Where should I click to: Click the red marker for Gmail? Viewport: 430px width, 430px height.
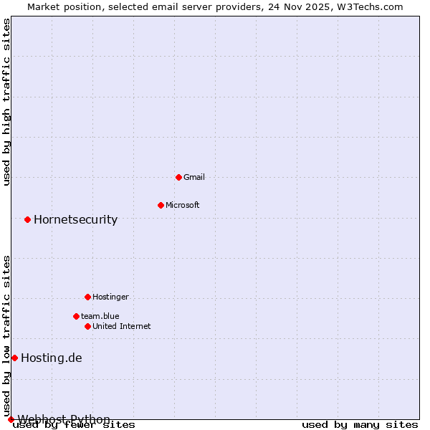pyautogui.click(x=178, y=177)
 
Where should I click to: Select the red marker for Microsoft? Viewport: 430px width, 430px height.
pyautogui.click(x=161, y=205)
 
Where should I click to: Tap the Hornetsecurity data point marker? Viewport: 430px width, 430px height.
pyautogui.click(x=27, y=219)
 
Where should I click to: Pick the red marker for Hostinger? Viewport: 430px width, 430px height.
pyautogui.click(x=87, y=297)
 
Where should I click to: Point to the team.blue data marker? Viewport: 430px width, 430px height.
pyautogui.click(x=76, y=316)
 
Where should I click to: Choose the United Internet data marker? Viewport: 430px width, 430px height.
pyautogui.click(x=87, y=326)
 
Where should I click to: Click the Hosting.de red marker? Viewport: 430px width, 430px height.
pyautogui.click(x=14, y=358)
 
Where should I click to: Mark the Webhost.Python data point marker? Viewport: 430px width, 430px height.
pyautogui.click(x=11, y=419)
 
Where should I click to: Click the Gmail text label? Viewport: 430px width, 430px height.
pyautogui.click(x=193, y=177)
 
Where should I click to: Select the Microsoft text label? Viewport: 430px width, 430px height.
pyautogui.click(x=182, y=205)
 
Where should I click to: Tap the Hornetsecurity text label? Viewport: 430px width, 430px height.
pyautogui.click(x=75, y=219)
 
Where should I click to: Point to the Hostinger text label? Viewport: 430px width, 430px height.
pyautogui.click(x=110, y=297)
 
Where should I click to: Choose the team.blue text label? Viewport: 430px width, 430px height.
pyautogui.click(x=100, y=316)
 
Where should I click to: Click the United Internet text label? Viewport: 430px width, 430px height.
pyautogui.click(x=121, y=326)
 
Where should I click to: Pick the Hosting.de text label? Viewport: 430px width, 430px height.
pyautogui.click(x=51, y=358)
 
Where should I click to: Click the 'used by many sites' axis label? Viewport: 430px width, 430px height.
pyautogui.click(x=360, y=424)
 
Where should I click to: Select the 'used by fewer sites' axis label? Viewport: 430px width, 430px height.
pyautogui.click(x=74, y=424)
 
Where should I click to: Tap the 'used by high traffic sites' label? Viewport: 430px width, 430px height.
pyautogui.click(x=6, y=102)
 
